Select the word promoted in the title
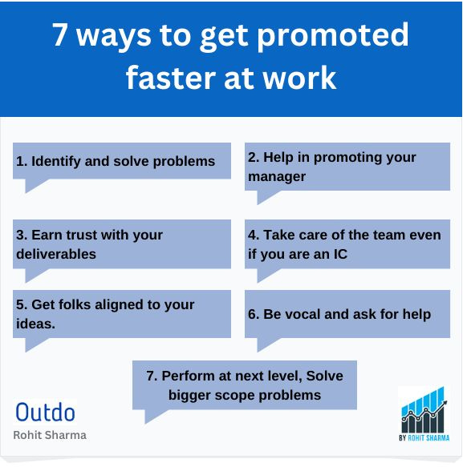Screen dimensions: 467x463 pos(341,36)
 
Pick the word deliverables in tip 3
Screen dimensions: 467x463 pos(56,254)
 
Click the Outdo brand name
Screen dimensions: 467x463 pos(46,413)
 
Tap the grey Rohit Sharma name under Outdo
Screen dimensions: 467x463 pos(50,435)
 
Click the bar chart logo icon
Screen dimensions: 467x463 pos(424,409)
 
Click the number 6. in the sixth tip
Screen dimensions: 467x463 pos(254,314)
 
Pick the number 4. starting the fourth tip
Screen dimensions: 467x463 pos(254,236)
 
